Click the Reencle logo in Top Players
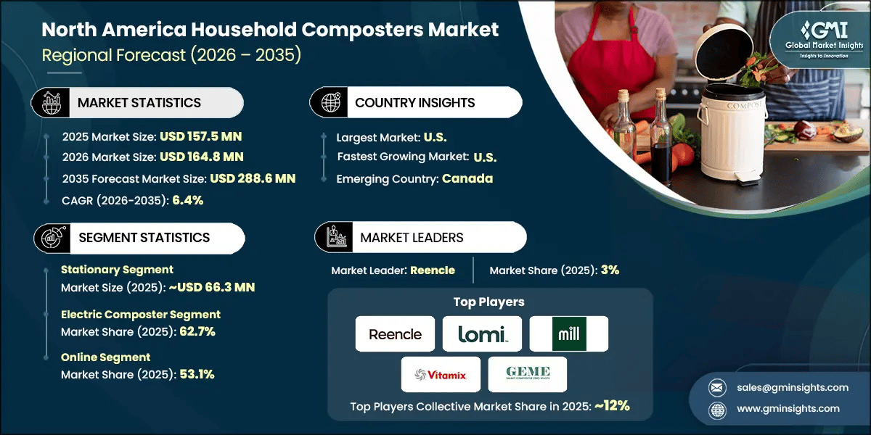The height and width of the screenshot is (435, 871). coord(395,334)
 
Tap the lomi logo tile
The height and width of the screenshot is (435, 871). coord(482,334)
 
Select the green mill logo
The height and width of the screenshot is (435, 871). coord(568,334)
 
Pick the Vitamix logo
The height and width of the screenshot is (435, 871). coord(441,374)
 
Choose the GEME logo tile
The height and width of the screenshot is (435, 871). coord(527,374)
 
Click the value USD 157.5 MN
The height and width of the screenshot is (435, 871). coord(201,136)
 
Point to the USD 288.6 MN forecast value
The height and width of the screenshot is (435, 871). coord(252,178)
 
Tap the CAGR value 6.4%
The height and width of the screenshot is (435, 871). coord(187,200)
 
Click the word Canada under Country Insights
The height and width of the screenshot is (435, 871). coord(467,178)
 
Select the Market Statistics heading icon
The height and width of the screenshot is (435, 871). coord(50,103)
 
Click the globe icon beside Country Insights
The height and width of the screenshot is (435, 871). coord(330,103)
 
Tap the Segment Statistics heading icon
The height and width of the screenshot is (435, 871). coord(50,238)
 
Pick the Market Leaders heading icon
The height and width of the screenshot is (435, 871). coord(336,238)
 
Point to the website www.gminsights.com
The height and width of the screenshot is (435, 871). coord(788,408)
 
